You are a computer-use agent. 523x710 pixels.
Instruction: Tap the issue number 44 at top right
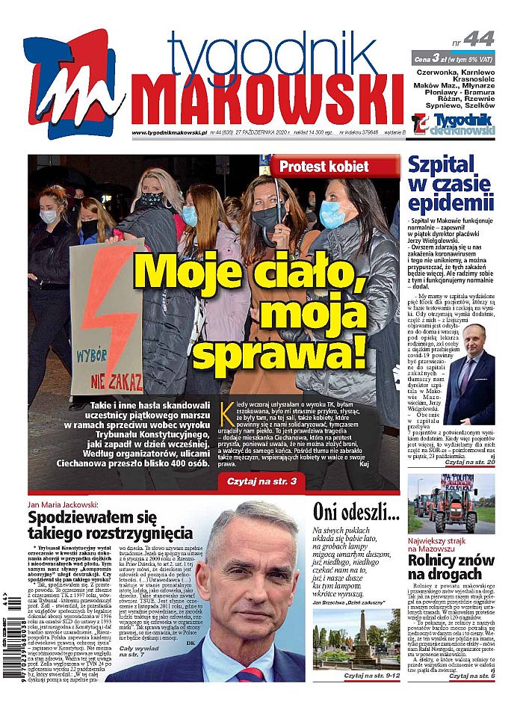tap(478, 39)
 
